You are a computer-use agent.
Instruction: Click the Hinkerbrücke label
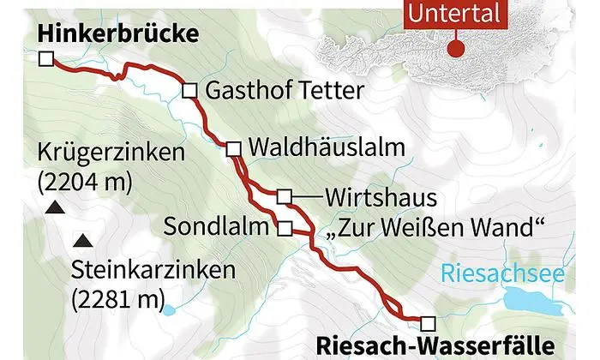pos(118,33)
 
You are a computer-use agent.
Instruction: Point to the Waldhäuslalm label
pos(326,147)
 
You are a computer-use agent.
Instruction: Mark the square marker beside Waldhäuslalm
pos(233,149)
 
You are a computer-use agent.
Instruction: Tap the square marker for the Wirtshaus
pos(284,197)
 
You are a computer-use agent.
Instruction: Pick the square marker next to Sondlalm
pos(285,228)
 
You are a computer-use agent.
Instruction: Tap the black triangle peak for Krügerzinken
pos(53,207)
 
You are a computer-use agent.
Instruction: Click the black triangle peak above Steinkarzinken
pos(82,240)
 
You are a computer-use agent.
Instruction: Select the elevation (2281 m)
pos(118,299)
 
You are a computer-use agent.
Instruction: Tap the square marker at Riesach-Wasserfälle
pos(428,322)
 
